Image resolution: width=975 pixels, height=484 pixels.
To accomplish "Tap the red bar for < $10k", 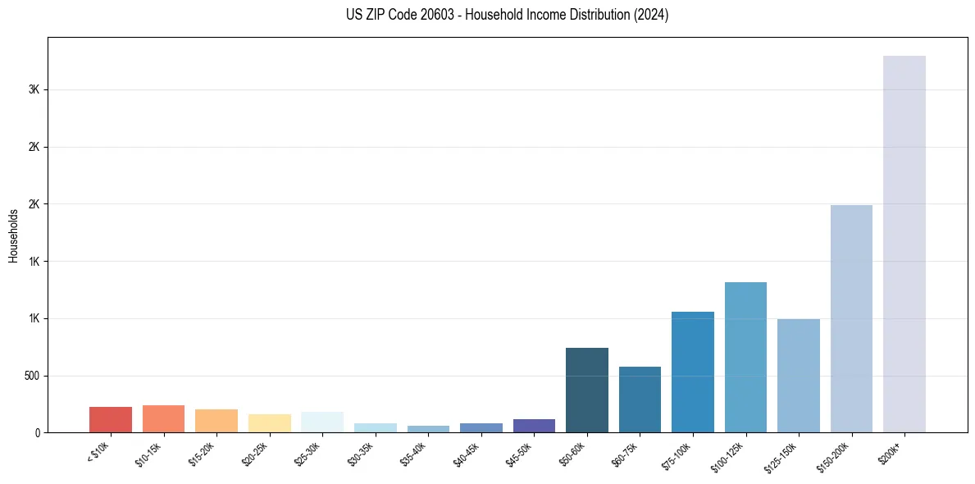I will (111, 419).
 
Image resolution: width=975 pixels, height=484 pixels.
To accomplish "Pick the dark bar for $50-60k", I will (586, 390).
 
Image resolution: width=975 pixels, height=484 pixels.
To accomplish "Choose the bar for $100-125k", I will (745, 357).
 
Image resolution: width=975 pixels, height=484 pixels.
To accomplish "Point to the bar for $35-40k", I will (428, 428).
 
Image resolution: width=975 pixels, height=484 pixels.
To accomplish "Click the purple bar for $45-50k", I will (534, 426).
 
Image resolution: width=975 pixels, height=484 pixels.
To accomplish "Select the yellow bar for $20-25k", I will (270, 423).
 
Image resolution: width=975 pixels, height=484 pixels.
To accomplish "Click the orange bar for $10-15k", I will (163, 418).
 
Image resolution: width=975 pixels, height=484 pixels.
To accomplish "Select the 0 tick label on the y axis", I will (39, 432).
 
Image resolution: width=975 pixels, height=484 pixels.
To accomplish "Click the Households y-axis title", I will (13, 235).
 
